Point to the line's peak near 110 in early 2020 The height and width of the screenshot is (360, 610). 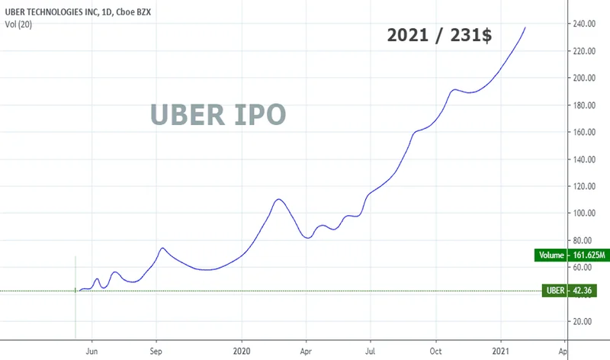279,199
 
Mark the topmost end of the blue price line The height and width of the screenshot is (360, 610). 525,27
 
